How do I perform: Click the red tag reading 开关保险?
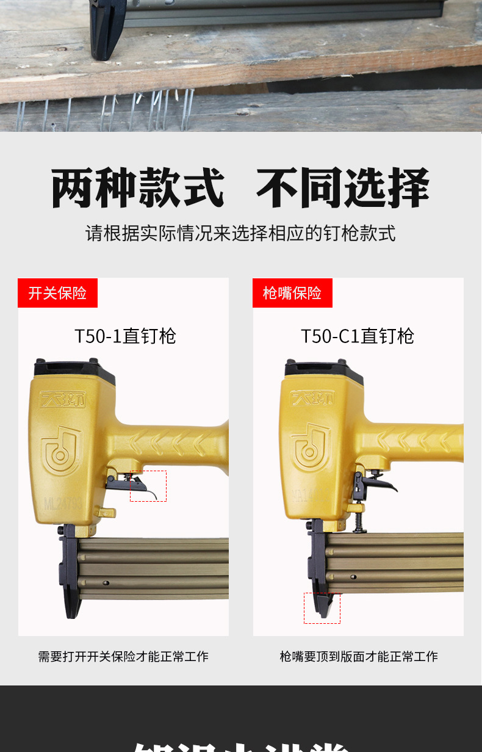click(x=57, y=293)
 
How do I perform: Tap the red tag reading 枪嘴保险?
click(x=292, y=293)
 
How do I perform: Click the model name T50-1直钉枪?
click(x=125, y=336)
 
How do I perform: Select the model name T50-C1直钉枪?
click(x=358, y=336)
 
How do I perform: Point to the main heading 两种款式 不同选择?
click(x=240, y=187)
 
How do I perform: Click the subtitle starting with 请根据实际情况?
click(x=240, y=233)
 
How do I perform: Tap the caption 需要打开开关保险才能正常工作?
click(x=123, y=656)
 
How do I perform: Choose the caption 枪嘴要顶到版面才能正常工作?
click(x=359, y=656)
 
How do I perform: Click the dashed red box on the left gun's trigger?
click(x=148, y=486)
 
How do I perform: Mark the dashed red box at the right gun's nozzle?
click(x=322, y=608)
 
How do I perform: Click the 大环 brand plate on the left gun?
click(x=63, y=400)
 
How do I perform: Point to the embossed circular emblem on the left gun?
click(x=62, y=452)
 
